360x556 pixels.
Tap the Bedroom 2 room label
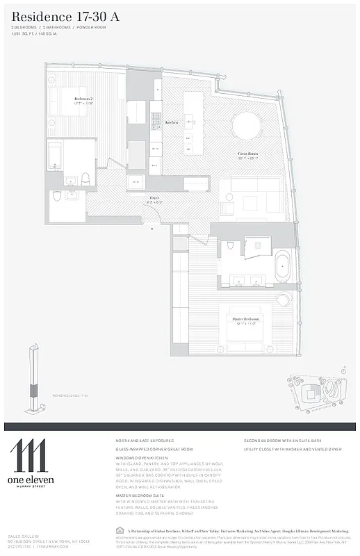click(83, 100)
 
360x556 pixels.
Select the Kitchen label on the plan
click(171, 122)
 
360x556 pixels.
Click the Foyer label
click(153, 197)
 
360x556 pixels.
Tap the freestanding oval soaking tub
click(283, 267)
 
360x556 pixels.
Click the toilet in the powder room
click(56, 197)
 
